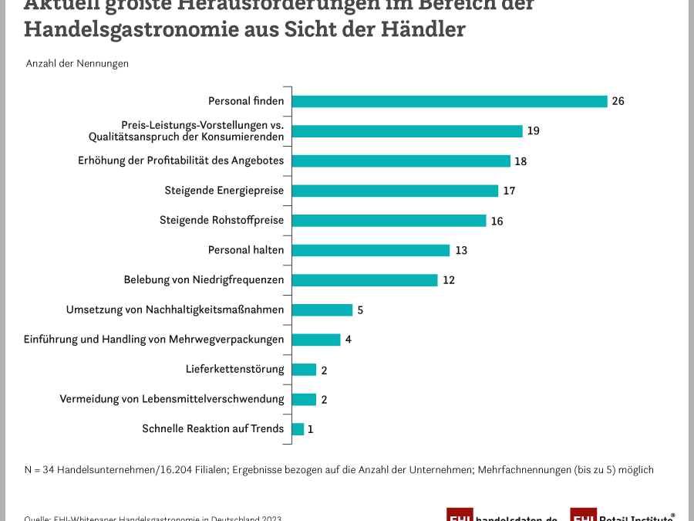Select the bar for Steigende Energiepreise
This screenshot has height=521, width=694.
point(395,191)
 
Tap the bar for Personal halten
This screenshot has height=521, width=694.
point(370,250)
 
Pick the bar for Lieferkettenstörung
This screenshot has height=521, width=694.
point(304,370)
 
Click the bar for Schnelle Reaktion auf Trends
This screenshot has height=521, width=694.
point(298,429)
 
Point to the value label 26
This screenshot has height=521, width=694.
point(618,101)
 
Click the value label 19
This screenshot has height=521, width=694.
point(533,131)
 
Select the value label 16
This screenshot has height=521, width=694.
point(497,221)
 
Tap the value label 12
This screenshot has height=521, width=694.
point(448,280)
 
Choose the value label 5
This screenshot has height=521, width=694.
point(360,310)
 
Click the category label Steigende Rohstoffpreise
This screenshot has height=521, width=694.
point(221,220)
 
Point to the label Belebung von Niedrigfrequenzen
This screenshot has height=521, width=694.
point(204,279)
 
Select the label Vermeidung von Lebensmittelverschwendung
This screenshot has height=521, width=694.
point(172,399)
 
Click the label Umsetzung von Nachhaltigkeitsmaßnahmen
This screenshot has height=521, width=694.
point(175,310)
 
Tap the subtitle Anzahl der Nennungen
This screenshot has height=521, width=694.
point(77,63)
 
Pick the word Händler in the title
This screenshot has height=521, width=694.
point(431,30)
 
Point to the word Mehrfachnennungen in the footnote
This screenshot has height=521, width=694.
point(527,469)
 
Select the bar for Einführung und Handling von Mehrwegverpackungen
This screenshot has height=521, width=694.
point(316,340)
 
